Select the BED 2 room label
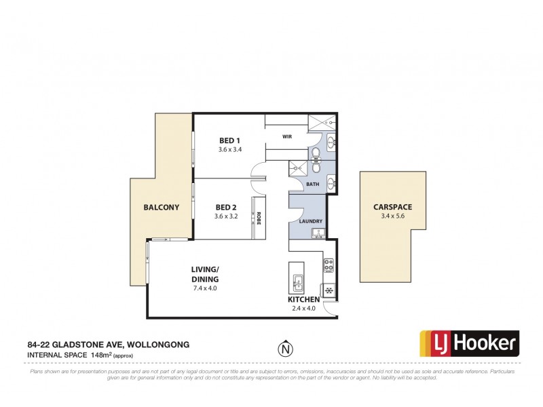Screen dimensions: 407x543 [x=226, y=208]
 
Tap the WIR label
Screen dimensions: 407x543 [x=287, y=136]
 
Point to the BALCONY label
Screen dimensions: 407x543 [x=161, y=208]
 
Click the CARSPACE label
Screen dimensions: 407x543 [x=392, y=207]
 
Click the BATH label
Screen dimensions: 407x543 [x=312, y=184]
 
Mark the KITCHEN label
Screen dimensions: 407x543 [x=304, y=299]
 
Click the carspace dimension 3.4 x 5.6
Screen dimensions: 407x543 [x=392, y=216]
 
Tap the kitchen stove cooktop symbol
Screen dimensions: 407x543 [x=328, y=265]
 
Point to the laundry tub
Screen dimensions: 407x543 [x=318, y=234]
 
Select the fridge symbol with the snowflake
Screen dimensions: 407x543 [x=329, y=290]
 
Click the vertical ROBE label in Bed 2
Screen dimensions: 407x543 [x=259, y=218]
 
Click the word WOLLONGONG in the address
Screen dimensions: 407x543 [x=155, y=345]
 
